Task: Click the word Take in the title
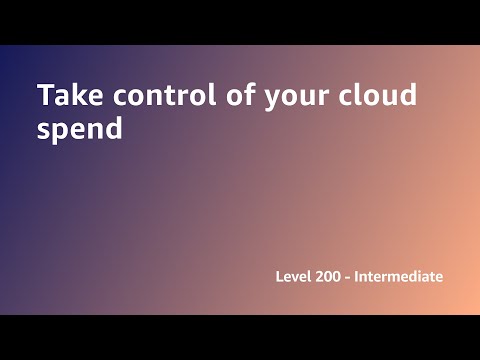click(x=65, y=97)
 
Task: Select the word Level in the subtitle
click(x=292, y=276)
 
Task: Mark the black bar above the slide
click(x=240, y=22)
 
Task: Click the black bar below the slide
click(x=240, y=337)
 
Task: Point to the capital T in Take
click(x=45, y=96)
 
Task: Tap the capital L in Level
click(x=279, y=276)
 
